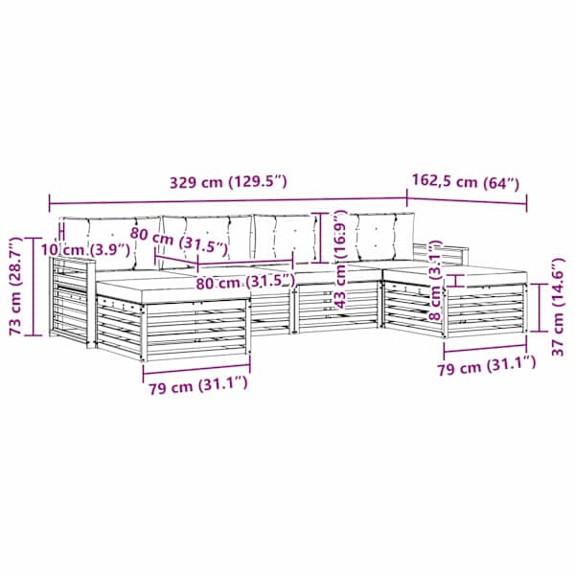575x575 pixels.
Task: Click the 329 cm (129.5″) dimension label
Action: coord(228,181)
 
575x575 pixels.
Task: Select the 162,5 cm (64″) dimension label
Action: coord(466,181)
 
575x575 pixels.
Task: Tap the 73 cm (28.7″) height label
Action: coord(17,286)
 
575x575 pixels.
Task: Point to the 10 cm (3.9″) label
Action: coord(85,250)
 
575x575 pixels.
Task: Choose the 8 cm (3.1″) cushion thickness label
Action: coord(435,280)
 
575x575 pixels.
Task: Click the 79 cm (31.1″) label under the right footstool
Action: coord(487,366)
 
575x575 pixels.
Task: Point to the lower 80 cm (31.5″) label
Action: coord(245,283)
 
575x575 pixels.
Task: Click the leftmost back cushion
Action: coord(110,242)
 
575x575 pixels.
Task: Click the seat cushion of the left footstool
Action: coord(173,288)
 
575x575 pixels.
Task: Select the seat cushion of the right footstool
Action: coord(454,275)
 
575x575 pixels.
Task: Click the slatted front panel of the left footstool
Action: coord(195,330)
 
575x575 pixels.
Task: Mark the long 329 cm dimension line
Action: coord(228,200)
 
